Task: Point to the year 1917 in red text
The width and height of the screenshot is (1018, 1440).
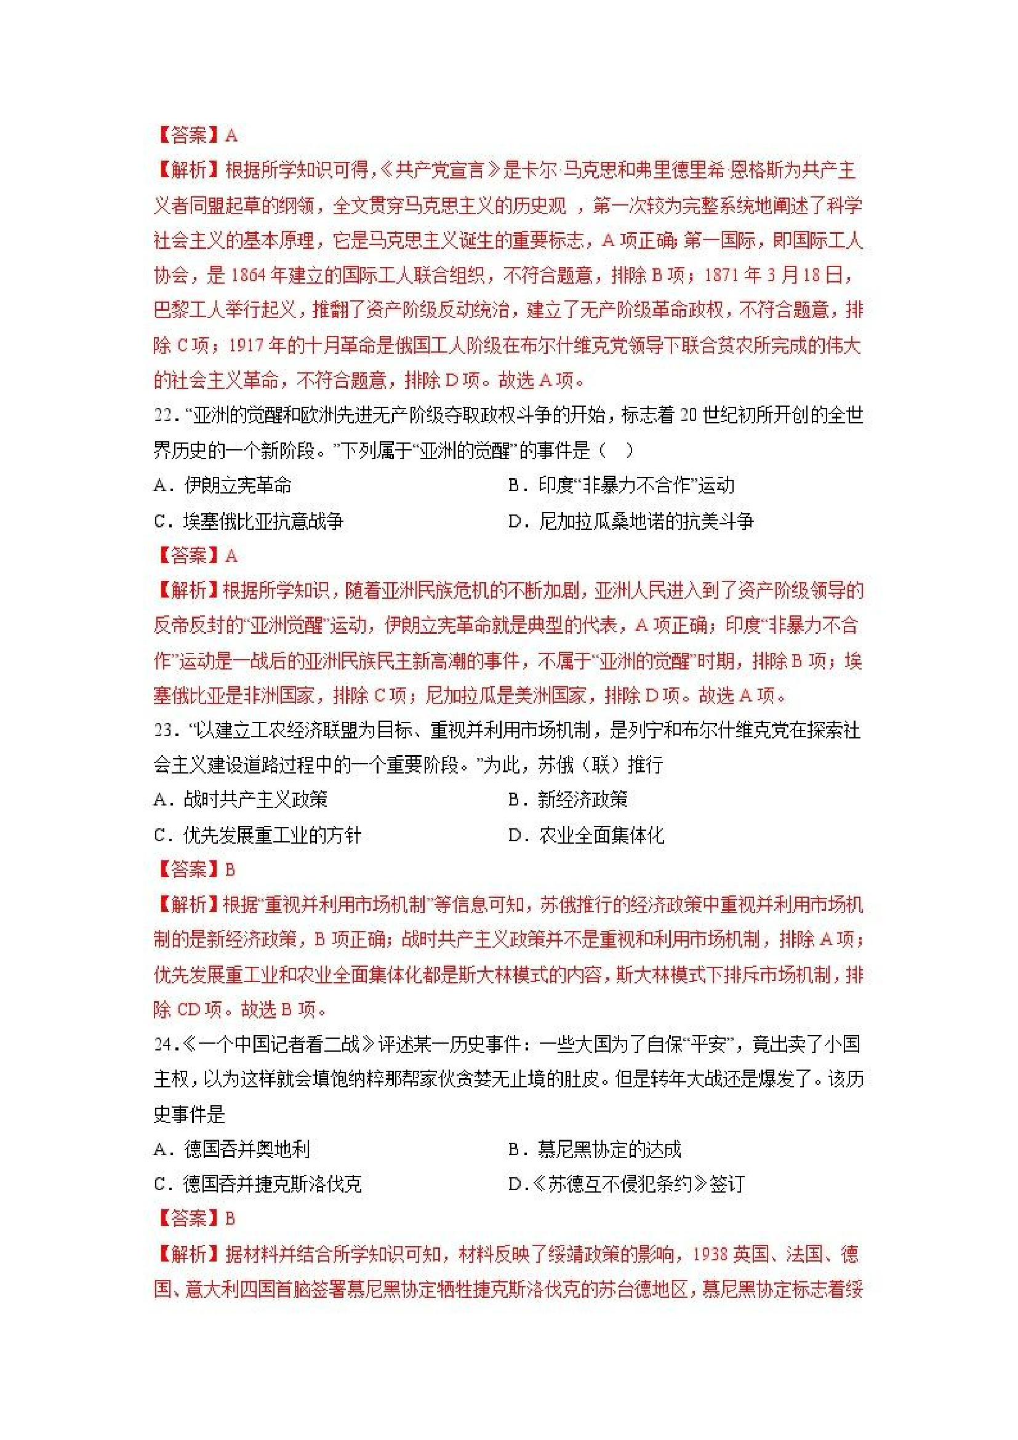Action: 247,346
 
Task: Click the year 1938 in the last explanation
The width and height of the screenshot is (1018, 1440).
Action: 710,1254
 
